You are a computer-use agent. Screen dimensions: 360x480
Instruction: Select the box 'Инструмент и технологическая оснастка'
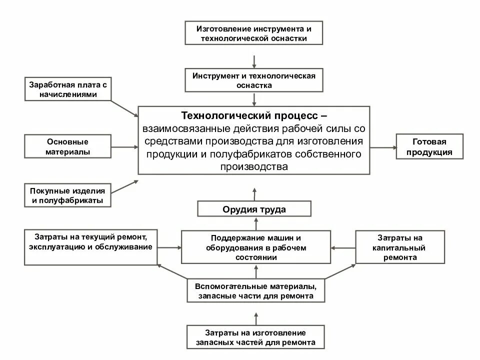click(x=253, y=80)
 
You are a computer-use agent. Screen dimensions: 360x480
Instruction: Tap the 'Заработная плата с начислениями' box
click(x=68, y=89)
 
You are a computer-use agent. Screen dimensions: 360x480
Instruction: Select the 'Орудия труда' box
click(x=254, y=209)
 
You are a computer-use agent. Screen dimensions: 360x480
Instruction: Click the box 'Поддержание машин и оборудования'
click(x=255, y=247)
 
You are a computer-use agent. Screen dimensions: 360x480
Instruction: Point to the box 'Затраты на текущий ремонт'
click(x=90, y=247)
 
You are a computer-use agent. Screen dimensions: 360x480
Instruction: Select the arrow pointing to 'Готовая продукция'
click(x=382, y=147)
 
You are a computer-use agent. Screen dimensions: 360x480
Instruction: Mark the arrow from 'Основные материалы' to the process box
click(x=124, y=147)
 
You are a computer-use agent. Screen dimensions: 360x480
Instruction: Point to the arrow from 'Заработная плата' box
click(x=124, y=108)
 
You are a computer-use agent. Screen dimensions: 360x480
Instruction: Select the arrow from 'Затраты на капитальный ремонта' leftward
click(x=343, y=247)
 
